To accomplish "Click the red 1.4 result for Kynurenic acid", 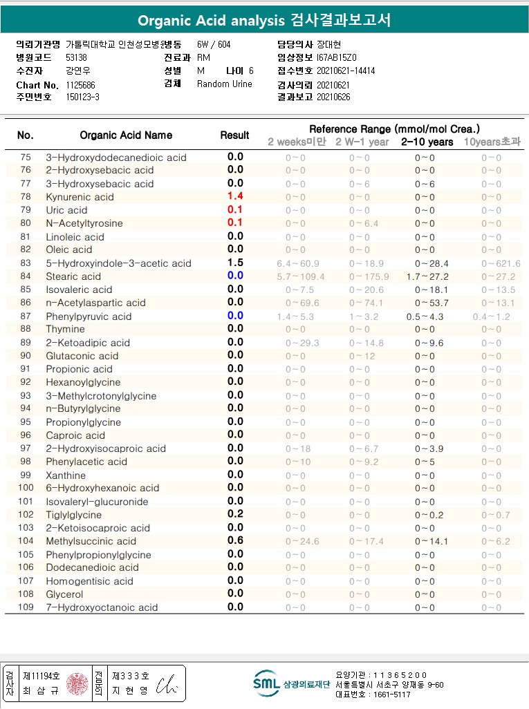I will tap(235, 196).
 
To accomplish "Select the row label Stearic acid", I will tap(73, 276).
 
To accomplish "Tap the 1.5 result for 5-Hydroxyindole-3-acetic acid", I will tap(235, 263).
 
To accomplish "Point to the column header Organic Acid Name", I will tap(126, 135).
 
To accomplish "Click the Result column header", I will tap(235, 135).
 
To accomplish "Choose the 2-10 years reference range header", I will tap(427, 142).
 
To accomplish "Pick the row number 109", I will tap(26, 607).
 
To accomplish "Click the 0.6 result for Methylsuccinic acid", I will tap(235, 540).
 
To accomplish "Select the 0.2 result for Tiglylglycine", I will tap(235, 514).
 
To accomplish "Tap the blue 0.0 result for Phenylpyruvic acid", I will tap(235, 316).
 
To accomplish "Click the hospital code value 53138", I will tap(77, 58).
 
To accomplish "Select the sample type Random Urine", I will tap(225, 84).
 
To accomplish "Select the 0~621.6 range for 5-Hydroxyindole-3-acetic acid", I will tap(501, 263).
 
